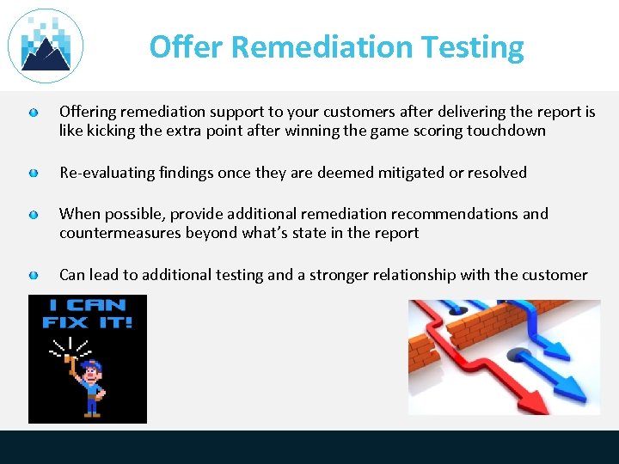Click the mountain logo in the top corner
pyautogui.click(x=46, y=46)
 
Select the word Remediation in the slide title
pyautogui.click(x=324, y=46)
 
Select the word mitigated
pyautogui.click(x=395, y=173)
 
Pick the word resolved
pyautogui.click(x=497, y=173)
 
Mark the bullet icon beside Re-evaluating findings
pyautogui.click(x=33, y=174)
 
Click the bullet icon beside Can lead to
pyautogui.click(x=33, y=276)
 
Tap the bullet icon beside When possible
pyautogui.click(x=33, y=215)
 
